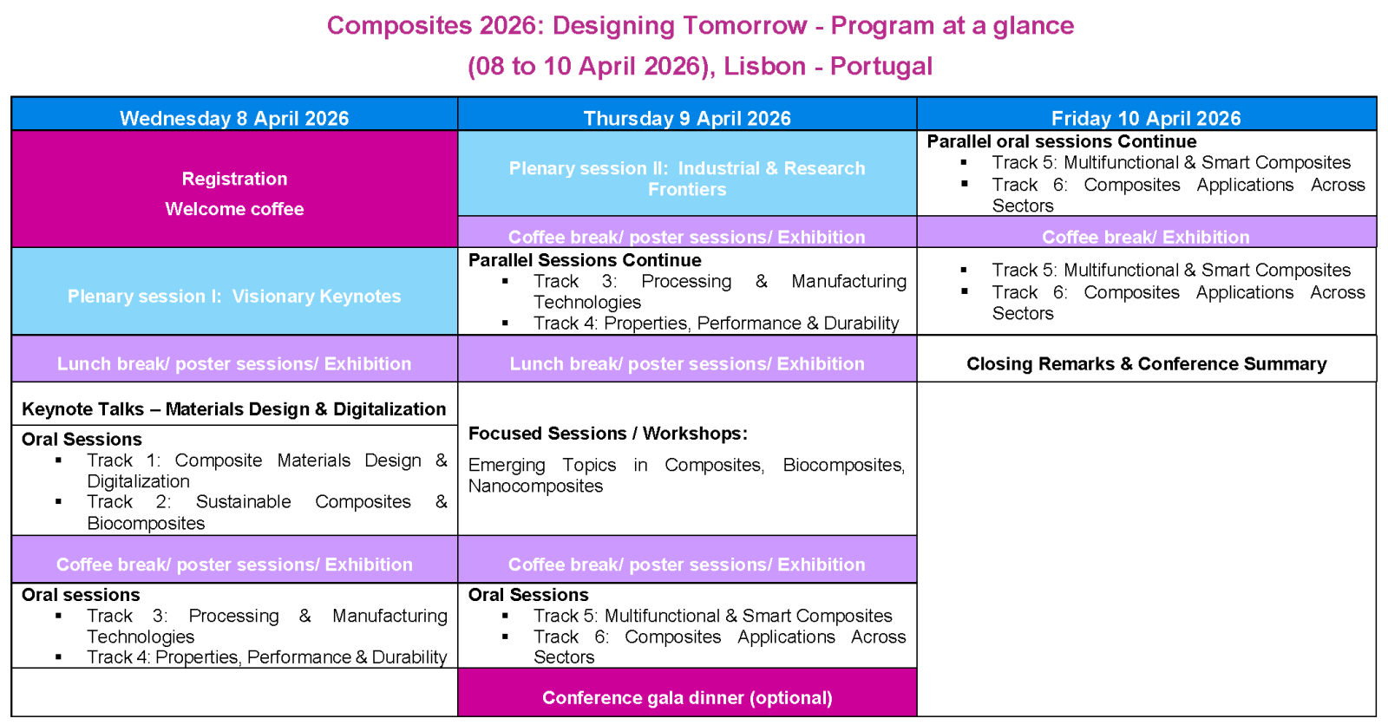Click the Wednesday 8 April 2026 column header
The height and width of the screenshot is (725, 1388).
(x=234, y=118)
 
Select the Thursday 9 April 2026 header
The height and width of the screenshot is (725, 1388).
(x=687, y=118)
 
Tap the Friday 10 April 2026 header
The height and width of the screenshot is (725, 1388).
(x=1146, y=118)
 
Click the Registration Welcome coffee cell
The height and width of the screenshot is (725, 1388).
(x=234, y=193)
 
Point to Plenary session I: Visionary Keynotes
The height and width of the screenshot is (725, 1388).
(x=234, y=296)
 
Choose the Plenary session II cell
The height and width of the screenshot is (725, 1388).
(x=687, y=178)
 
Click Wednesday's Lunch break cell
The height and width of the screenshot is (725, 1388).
(x=234, y=363)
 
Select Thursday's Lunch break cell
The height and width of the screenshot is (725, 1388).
(x=687, y=363)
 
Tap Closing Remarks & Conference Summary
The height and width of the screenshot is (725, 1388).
(x=1146, y=363)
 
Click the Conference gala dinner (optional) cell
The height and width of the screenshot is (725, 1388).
(x=687, y=697)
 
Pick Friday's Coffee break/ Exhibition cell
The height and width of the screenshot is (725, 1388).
(x=1146, y=237)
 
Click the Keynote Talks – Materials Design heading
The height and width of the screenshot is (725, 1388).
(x=234, y=408)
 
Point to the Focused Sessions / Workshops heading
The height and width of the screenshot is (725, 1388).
(x=607, y=433)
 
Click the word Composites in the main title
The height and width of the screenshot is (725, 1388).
(x=387, y=25)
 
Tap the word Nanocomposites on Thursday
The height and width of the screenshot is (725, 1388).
(x=535, y=486)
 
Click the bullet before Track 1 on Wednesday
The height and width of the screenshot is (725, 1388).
(x=58, y=460)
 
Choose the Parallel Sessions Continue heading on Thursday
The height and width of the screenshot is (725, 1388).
(x=585, y=260)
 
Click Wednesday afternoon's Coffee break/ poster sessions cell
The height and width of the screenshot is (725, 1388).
(x=234, y=564)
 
